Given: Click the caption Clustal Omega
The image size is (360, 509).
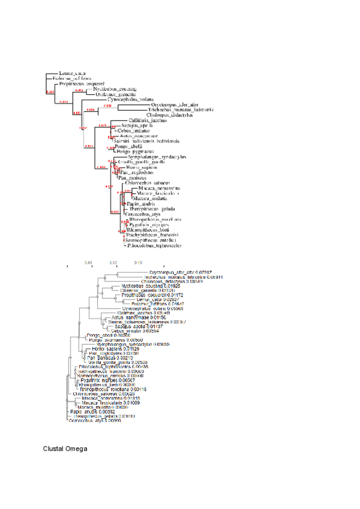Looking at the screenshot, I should coord(65,448).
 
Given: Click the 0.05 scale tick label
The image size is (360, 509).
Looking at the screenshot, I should coord(89,262).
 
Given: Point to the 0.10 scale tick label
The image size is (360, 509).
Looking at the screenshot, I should coord(114,262).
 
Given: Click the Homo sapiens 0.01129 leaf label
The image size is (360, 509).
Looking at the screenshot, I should coord(112,349).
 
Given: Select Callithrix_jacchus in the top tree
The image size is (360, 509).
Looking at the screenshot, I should coord(146,121).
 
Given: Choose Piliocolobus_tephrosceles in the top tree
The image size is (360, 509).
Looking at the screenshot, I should coord(154,245).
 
